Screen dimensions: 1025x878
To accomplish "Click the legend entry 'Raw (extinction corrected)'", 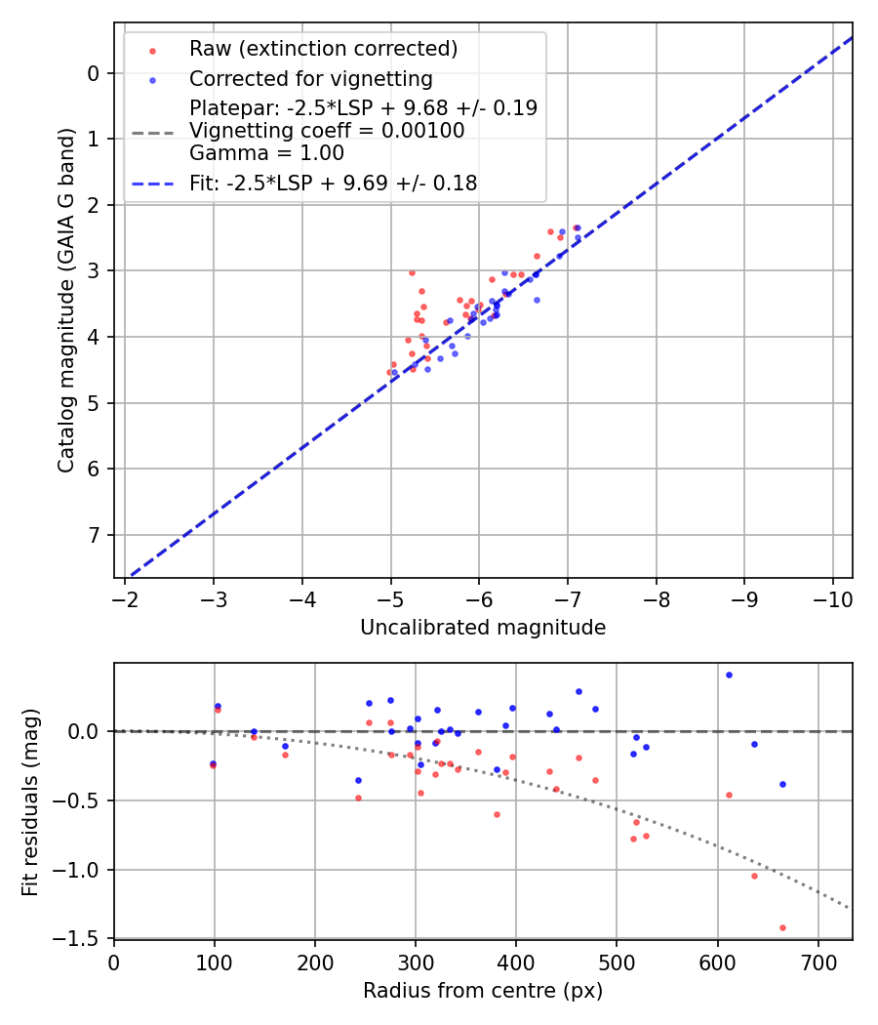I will (x=323, y=49).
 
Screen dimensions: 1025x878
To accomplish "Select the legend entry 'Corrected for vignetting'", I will (x=310, y=78).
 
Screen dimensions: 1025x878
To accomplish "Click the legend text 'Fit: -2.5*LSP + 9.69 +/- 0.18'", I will (x=333, y=183).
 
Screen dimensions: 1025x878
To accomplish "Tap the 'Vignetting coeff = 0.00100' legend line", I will (x=327, y=131).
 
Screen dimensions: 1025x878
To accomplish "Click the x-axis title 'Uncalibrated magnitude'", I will (x=483, y=628).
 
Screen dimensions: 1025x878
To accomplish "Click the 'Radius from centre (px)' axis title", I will (x=483, y=991).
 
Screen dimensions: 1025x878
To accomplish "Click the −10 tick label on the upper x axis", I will (x=832, y=597).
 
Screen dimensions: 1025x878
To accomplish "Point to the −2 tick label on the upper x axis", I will (x=125, y=597).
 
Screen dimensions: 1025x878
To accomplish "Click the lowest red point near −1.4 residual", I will (x=782, y=927).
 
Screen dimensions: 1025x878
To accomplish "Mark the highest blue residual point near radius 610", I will (x=729, y=675).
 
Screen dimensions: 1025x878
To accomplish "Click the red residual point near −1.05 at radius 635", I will (x=754, y=876).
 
